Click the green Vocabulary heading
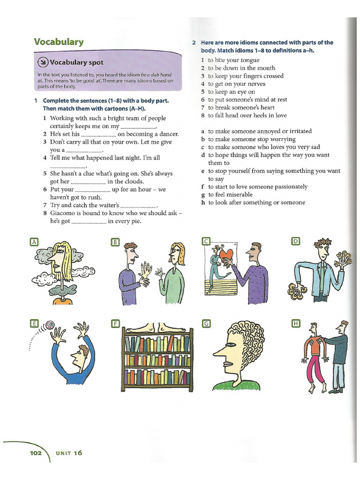click(x=59, y=42)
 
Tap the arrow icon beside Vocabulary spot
click(x=43, y=62)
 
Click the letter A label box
click(x=33, y=242)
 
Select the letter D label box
click(x=295, y=241)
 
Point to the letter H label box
click(x=295, y=323)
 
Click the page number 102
click(x=36, y=453)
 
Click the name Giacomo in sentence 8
click(x=64, y=213)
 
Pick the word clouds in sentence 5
click(x=132, y=181)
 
